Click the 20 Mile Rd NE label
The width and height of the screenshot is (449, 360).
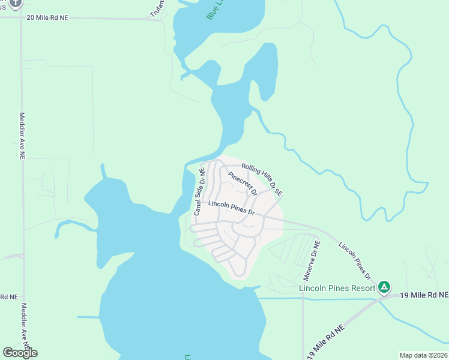pyautogui.click(x=48, y=18)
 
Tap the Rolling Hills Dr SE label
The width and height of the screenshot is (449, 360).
pyautogui.click(x=262, y=179)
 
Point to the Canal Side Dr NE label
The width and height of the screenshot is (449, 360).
pyautogui.click(x=199, y=191)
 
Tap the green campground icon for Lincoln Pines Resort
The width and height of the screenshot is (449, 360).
pyautogui.click(x=384, y=287)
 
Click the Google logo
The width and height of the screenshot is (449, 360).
pyautogui.click(x=19, y=353)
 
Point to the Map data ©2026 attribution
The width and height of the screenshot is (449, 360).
pyautogui.click(x=423, y=355)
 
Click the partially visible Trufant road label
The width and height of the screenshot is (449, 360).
pyautogui.click(x=157, y=8)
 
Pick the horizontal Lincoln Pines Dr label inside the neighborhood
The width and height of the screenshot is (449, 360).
pyautogui.click(x=232, y=208)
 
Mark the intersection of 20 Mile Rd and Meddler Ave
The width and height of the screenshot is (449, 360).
pyautogui.click(x=22, y=18)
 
